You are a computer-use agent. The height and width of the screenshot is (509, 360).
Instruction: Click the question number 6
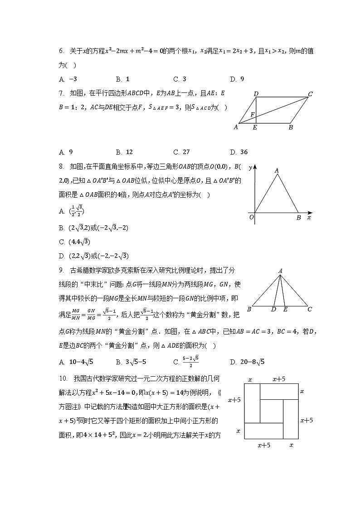[x=61, y=52]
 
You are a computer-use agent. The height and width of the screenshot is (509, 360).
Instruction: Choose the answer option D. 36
[x=239, y=152]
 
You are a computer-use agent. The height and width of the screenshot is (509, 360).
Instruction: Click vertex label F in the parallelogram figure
[x=253, y=115]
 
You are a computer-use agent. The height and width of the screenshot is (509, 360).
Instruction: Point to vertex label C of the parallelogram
[x=310, y=94]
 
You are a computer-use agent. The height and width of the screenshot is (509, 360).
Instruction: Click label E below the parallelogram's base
[x=255, y=128]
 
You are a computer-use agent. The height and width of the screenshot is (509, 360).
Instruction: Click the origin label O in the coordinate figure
[x=251, y=218]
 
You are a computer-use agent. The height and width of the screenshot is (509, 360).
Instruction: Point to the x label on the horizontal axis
[x=309, y=218]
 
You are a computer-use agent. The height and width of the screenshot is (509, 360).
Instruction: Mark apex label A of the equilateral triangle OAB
[x=277, y=171]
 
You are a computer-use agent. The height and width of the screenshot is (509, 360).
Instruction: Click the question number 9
[x=61, y=271]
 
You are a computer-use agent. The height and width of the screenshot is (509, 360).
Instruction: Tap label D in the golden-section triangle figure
[x=273, y=310]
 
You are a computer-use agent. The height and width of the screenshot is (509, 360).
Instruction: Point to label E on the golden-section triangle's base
[x=285, y=310]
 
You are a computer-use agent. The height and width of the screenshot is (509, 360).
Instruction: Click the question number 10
[x=63, y=378]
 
